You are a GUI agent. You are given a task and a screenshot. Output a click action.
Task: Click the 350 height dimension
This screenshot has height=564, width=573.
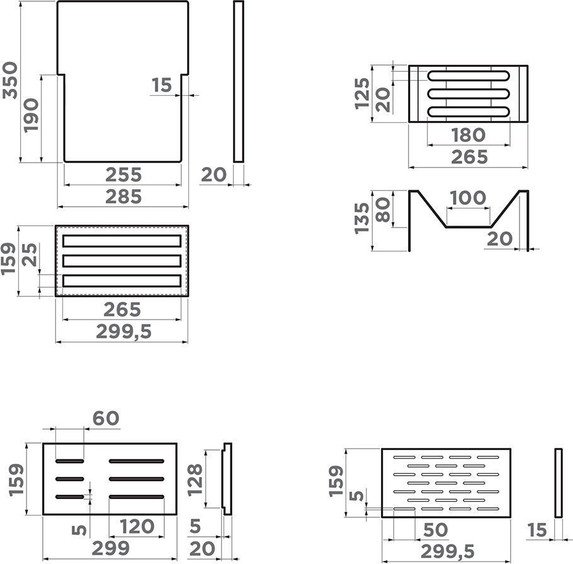pyautogui.click(x=10, y=81)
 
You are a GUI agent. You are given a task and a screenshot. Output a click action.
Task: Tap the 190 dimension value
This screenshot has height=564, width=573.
pyautogui.click(x=31, y=115)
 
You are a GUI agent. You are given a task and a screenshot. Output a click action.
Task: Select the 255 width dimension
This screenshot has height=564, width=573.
pyautogui.click(x=123, y=175)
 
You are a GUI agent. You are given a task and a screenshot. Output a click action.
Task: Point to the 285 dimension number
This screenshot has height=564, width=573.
pyautogui.click(x=123, y=197)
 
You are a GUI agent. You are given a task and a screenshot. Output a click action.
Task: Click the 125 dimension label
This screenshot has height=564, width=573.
pyautogui.click(x=362, y=93)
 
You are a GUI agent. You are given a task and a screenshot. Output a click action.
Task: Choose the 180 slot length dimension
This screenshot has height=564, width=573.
pyautogui.click(x=468, y=135)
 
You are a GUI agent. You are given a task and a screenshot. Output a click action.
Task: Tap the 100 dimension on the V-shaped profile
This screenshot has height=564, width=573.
pyautogui.click(x=468, y=198)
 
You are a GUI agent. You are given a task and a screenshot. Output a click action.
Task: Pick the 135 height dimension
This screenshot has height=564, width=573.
pyautogui.click(x=362, y=219)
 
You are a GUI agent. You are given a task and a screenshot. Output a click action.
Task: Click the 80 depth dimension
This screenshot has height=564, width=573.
pyautogui.click(x=383, y=210)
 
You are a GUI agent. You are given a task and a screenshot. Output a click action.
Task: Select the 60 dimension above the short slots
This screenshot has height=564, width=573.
pyautogui.click(x=106, y=418)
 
